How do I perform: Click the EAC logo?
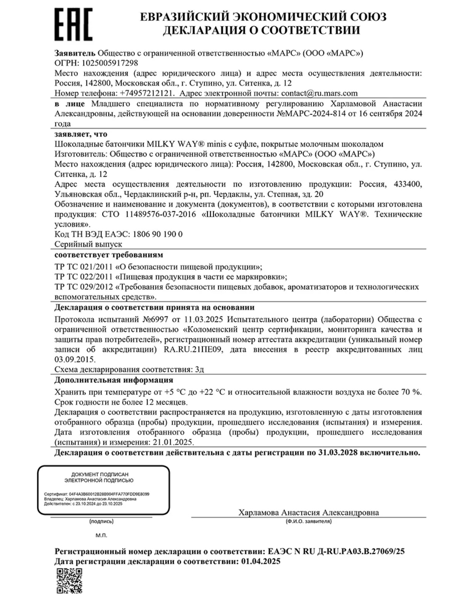tap(73, 25)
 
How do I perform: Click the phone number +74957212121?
tap(147, 93)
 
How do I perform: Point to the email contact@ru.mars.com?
tap(319, 93)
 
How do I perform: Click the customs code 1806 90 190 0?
tap(157, 234)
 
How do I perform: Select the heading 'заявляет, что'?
tap(81, 134)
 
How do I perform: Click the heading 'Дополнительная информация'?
tap(114, 380)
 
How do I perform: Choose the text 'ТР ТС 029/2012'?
tap(84, 287)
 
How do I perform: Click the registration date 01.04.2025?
tap(261, 561)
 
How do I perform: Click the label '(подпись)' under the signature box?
tap(101, 521)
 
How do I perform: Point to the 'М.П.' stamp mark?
tap(101, 536)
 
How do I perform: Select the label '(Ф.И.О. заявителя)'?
tap(308, 521)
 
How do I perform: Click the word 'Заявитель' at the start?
tap(75, 53)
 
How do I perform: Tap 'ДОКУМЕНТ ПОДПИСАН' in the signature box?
tap(100, 475)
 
